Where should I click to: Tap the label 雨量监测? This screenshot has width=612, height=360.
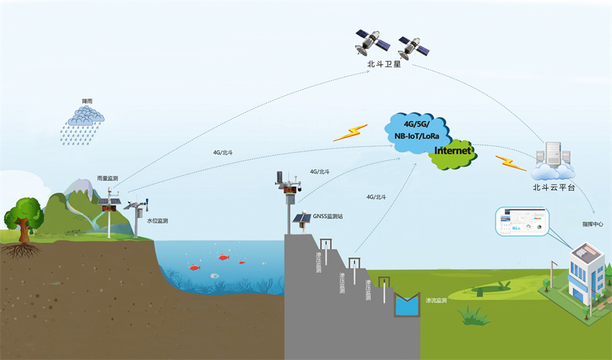click(x=107, y=178)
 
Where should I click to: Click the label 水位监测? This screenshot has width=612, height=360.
click(x=157, y=220)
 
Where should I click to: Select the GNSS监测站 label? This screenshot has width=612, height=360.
click(x=328, y=216)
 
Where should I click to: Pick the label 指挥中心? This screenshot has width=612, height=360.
click(x=592, y=224)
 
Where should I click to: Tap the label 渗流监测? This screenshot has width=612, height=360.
click(x=436, y=300)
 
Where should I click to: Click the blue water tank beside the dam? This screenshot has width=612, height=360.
click(x=407, y=305)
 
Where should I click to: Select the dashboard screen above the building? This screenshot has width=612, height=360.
click(x=522, y=221)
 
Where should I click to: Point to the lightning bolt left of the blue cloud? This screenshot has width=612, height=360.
click(x=350, y=132)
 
